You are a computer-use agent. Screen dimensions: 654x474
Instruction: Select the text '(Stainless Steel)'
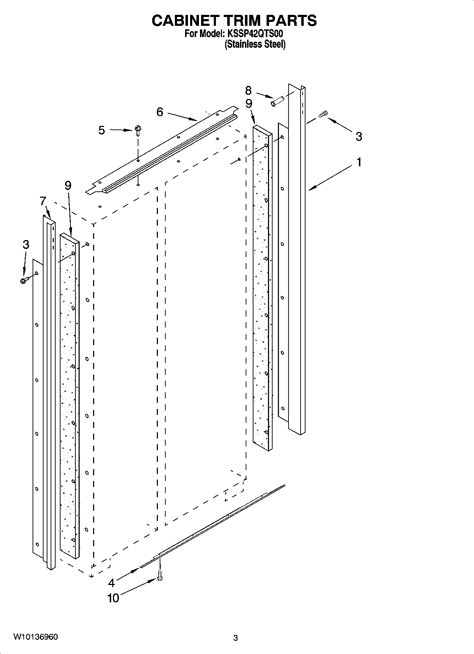(x=255, y=44)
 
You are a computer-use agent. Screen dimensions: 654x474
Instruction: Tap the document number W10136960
(x=35, y=637)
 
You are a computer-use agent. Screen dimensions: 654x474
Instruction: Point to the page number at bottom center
(x=235, y=638)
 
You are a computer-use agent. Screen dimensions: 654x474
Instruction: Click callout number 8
(x=248, y=91)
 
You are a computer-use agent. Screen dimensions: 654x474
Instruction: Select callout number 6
(x=160, y=112)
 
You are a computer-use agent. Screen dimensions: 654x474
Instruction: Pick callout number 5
(x=102, y=131)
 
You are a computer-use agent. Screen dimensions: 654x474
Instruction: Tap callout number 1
(x=359, y=162)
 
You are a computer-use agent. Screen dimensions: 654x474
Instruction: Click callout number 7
(x=43, y=201)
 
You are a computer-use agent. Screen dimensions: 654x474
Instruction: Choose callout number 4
(x=112, y=582)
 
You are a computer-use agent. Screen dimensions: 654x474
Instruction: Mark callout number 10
(x=113, y=598)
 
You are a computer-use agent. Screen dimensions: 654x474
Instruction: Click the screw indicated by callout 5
(x=138, y=132)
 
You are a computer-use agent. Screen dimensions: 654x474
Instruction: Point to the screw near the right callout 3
(x=323, y=114)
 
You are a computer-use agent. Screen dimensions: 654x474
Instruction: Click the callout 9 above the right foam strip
(x=249, y=104)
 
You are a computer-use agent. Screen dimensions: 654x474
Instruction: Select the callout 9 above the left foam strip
(x=68, y=185)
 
